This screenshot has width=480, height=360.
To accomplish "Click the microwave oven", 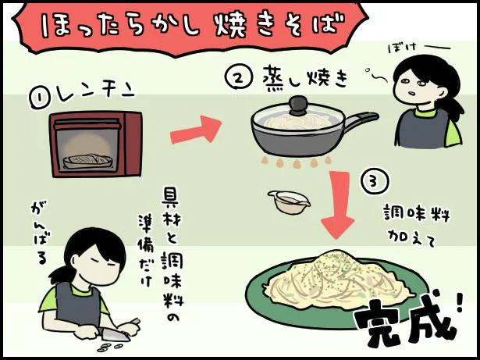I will click(x=94, y=144).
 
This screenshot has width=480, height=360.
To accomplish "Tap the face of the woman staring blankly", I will click(x=413, y=84).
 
